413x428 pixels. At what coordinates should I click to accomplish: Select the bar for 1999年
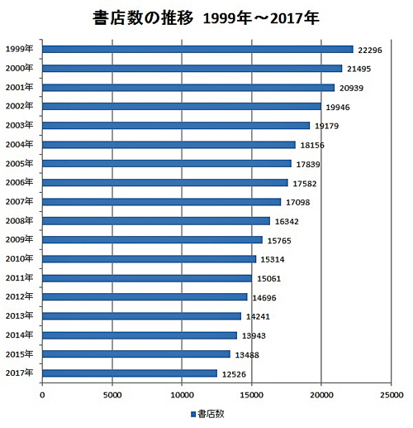(197, 50)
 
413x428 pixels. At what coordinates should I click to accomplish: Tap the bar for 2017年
(130, 373)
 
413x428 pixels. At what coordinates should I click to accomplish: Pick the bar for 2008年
(156, 221)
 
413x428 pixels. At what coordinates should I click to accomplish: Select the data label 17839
(310, 165)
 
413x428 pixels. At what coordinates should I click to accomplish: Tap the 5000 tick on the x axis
(112, 395)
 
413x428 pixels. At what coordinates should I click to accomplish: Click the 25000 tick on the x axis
(391, 395)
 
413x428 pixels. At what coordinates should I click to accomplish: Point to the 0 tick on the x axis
(42, 395)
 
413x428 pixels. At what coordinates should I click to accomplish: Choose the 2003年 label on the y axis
(19, 125)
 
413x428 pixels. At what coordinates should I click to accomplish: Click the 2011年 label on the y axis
(19, 277)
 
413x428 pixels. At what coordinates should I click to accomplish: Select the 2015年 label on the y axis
(19, 353)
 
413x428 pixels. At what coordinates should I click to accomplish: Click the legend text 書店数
(211, 413)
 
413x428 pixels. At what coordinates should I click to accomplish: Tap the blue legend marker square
(192, 413)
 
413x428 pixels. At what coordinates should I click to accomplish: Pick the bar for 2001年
(188, 88)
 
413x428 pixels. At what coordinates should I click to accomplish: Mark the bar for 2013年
(141, 316)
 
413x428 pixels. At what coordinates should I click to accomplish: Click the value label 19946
(339, 108)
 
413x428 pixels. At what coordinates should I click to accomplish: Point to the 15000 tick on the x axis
(251, 395)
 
